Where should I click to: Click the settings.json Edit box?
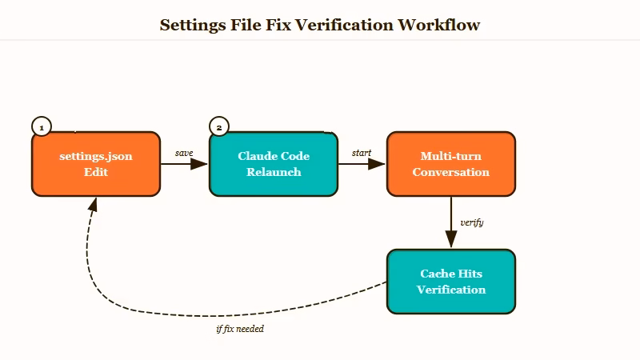coord(96,164)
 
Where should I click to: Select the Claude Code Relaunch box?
coord(274,164)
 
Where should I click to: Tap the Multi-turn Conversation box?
coord(451,164)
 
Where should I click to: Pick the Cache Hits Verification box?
coord(451,282)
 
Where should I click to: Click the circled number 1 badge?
coord(42,126)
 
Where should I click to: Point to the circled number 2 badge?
coord(219,126)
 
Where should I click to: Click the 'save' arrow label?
coord(184,153)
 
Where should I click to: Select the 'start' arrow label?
coord(362,153)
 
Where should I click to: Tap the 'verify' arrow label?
coord(472,222)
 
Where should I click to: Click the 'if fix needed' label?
coord(240,329)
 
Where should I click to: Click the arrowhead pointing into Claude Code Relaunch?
coord(200,164)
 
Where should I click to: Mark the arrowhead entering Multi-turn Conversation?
coord(378,164)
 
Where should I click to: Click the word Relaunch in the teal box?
coord(274,172)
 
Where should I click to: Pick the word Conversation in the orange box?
coord(451,172)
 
